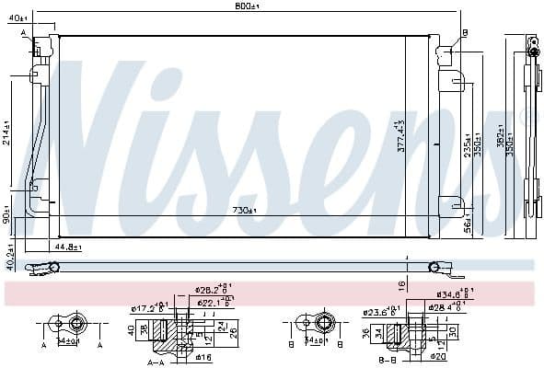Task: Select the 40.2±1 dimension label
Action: [8, 257]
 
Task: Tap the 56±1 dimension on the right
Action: [467, 224]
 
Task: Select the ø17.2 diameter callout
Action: [147, 307]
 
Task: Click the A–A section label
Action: [157, 362]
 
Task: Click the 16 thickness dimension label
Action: [401, 285]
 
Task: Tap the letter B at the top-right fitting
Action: [465, 33]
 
